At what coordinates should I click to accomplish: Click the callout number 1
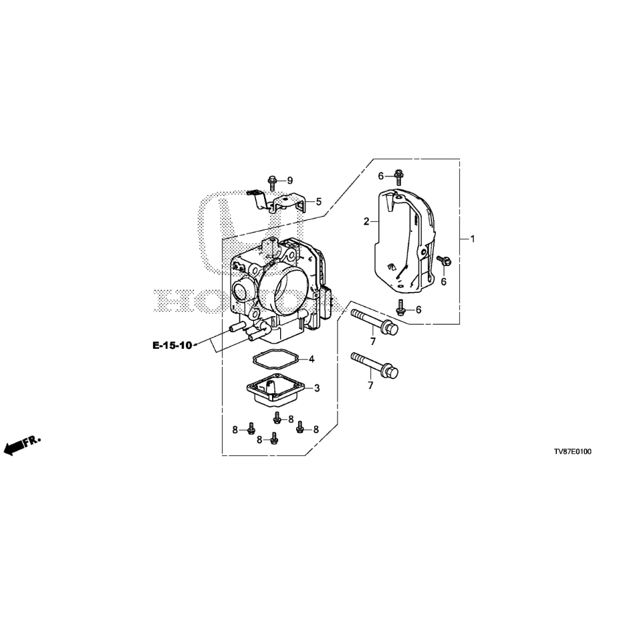click(x=472, y=239)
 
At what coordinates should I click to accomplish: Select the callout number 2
click(x=366, y=221)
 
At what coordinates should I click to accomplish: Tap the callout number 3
click(x=317, y=388)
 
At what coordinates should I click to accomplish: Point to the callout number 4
click(x=312, y=359)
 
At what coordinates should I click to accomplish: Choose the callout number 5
click(x=319, y=202)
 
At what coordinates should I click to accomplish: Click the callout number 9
click(x=290, y=180)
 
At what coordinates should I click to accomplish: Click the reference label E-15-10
click(x=172, y=346)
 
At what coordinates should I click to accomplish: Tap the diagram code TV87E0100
click(x=573, y=451)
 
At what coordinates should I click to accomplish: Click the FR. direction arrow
click(x=22, y=446)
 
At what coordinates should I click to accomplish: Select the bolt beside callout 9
click(x=272, y=183)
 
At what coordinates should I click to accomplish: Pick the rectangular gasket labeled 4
click(x=277, y=359)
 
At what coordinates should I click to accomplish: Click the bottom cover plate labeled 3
click(x=276, y=391)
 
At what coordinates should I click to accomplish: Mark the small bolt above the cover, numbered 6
click(x=398, y=176)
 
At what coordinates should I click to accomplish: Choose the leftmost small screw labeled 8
click(x=250, y=428)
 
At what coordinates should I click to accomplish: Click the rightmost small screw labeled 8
click(x=301, y=426)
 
